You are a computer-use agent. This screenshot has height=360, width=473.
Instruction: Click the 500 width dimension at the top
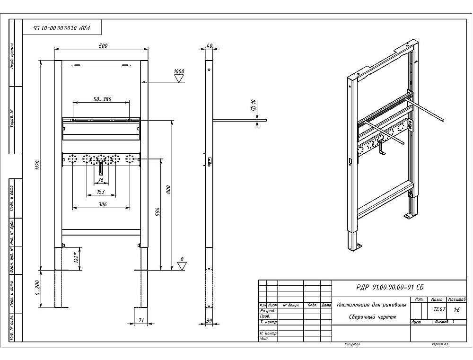click(x=103, y=45)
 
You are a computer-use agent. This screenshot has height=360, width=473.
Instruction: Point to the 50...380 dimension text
click(x=102, y=99)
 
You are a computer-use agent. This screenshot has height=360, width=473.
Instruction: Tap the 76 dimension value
click(x=101, y=179)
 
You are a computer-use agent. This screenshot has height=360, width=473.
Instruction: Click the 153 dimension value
click(x=101, y=192)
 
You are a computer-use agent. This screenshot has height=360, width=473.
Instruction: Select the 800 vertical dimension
click(x=168, y=189)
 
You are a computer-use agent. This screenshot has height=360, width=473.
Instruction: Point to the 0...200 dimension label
click(x=37, y=288)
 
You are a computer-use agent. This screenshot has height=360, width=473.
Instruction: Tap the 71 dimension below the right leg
click(x=141, y=320)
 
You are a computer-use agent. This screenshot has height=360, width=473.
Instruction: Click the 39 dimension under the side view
click(x=210, y=320)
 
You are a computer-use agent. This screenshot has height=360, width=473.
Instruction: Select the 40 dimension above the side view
click(x=210, y=45)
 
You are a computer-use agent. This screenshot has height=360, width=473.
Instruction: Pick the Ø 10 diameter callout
click(x=254, y=105)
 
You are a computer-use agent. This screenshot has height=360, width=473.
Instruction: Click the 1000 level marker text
click(x=179, y=71)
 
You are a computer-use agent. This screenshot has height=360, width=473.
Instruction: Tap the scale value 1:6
click(x=456, y=310)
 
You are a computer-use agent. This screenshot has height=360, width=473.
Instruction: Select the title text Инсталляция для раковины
click(x=371, y=305)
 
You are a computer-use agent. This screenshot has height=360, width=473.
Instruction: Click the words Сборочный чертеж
click(x=371, y=317)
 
